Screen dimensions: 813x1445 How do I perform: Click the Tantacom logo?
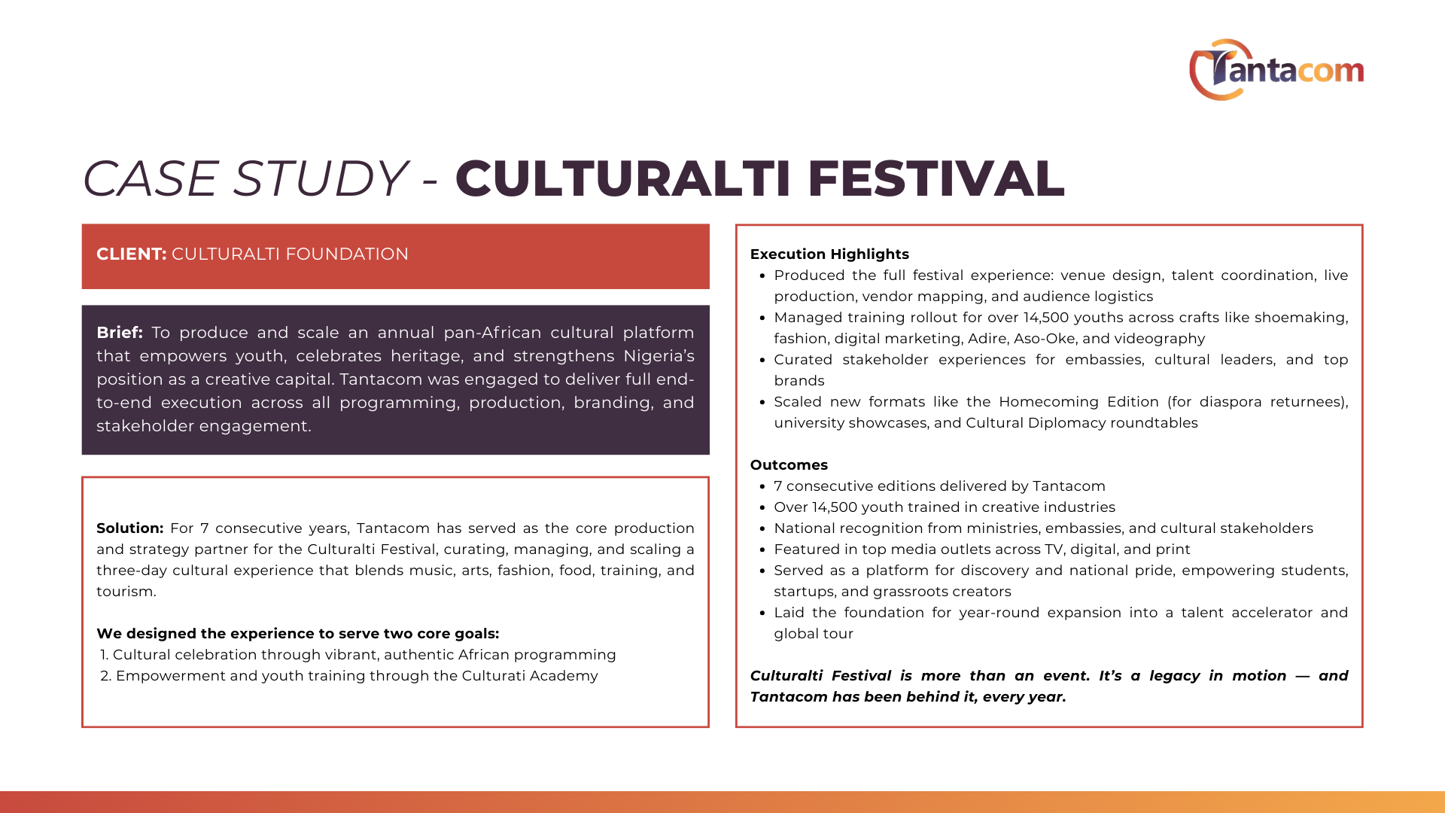click(1276, 70)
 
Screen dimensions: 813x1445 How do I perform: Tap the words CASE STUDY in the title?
click(245, 179)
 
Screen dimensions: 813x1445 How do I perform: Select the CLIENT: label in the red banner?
click(131, 254)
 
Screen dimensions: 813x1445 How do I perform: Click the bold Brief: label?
click(120, 333)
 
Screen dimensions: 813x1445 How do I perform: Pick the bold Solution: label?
click(129, 528)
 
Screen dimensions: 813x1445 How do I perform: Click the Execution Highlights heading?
click(829, 254)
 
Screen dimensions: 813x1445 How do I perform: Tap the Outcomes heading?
click(789, 465)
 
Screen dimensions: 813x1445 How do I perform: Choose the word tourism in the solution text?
click(125, 592)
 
